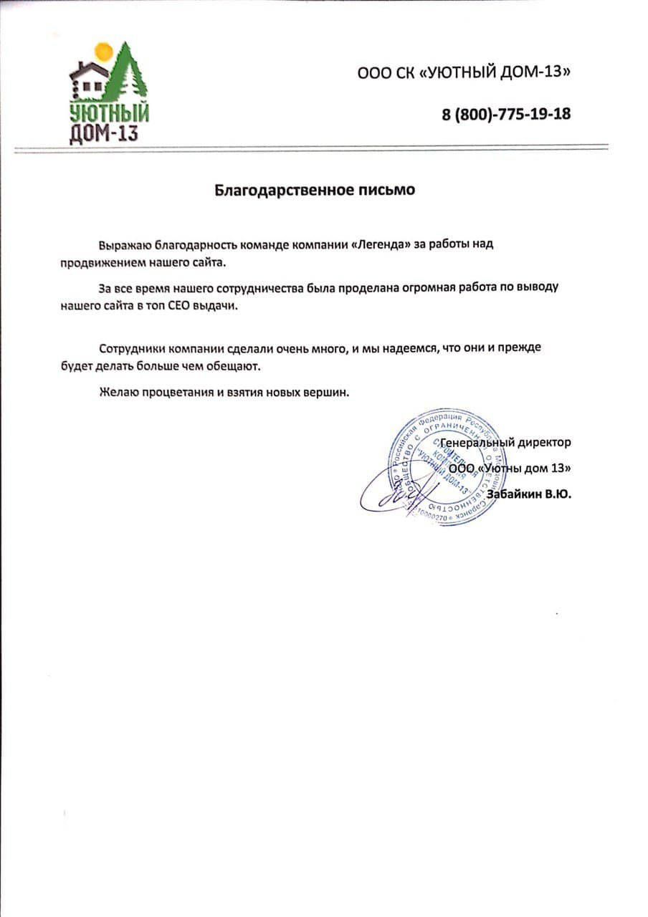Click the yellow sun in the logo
tap(104, 52)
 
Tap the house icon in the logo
tap(89, 77)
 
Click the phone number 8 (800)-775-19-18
tap(506, 113)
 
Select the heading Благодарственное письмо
tap(315, 190)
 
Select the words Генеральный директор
tap(506, 443)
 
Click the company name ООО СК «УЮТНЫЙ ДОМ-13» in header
tap(467, 72)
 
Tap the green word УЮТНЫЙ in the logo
tap(109, 114)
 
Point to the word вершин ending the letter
tap(330, 393)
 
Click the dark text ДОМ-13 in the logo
tap(104, 134)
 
